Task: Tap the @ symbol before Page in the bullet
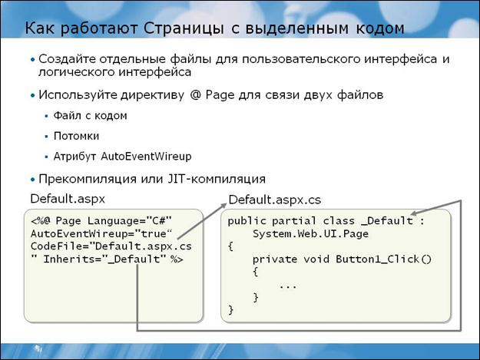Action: tap(195, 95)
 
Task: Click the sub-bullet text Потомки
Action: tap(76, 136)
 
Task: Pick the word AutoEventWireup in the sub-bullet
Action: tap(147, 157)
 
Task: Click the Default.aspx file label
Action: tap(68, 199)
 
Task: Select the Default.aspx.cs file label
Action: tap(275, 200)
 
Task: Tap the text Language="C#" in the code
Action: tap(130, 220)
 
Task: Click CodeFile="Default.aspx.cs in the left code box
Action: tap(111, 246)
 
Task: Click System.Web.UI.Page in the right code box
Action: tap(310, 234)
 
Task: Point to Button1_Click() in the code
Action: tap(383, 259)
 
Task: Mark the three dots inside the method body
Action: tap(288, 287)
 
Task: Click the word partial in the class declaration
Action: tap(293, 221)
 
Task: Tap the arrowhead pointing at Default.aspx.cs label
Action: tap(223, 206)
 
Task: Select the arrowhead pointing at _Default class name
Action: tap(414, 213)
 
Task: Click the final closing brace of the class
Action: tap(231, 310)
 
